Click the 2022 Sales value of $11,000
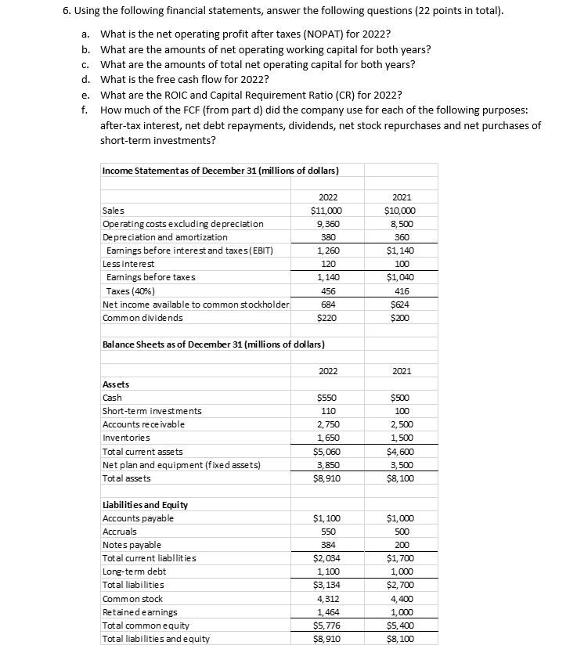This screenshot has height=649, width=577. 324,210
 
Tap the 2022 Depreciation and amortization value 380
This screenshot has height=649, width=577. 324,236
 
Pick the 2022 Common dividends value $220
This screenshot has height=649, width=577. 324,317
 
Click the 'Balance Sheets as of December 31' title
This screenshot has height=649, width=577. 214,344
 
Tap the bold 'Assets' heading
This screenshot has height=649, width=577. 116,384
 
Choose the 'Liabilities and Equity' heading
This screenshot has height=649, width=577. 146,504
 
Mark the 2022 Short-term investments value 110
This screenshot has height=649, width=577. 324,411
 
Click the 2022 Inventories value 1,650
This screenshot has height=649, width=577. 324,438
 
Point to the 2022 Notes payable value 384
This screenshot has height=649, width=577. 324,545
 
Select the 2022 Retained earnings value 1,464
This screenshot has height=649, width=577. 324,612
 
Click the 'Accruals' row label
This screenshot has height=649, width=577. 121,531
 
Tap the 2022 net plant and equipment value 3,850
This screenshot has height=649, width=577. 324,464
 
